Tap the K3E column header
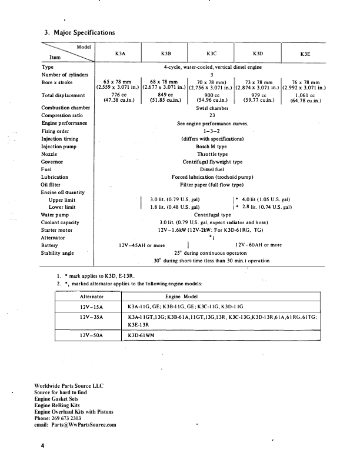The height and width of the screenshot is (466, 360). [x=305, y=54]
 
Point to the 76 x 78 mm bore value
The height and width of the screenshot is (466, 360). [x=305, y=82]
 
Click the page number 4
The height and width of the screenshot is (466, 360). [x=42, y=447]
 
